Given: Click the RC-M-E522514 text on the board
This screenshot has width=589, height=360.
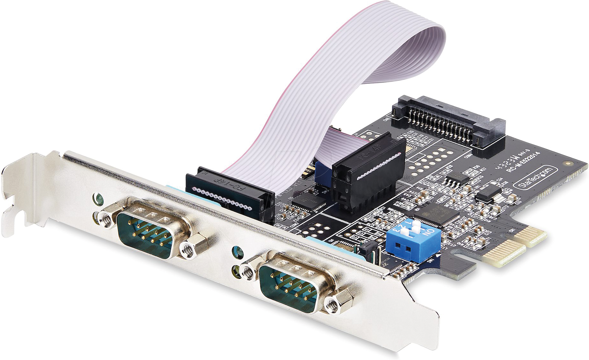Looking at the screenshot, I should pos(523,162).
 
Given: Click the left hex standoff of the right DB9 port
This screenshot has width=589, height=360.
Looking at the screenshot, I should pos(248,271).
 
